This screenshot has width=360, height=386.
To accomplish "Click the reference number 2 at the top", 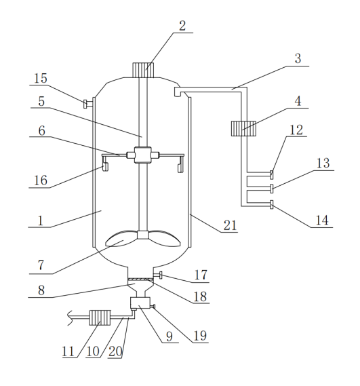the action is pyautogui.click(x=182, y=26).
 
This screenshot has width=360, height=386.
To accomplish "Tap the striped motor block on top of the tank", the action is pyautogui.click(x=143, y=70).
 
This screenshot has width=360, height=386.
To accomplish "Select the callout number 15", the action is pyautogui.click(x=41, y=79).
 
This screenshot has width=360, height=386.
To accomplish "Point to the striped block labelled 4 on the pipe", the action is pyautogui.click(x=243, y=128).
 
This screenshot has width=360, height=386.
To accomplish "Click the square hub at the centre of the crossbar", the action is pyautogui.click(x=143, y=155).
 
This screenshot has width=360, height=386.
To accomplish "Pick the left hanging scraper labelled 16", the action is pyautogui.click(x=106, y=168).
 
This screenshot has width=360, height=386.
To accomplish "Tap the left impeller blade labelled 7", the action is pyautogui.click(x=121, y=238).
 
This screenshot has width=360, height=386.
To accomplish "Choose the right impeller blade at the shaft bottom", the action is pyautogui.click(x=164, y=238).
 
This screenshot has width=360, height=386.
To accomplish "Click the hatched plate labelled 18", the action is pyautogui.click(x=141, y=279).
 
